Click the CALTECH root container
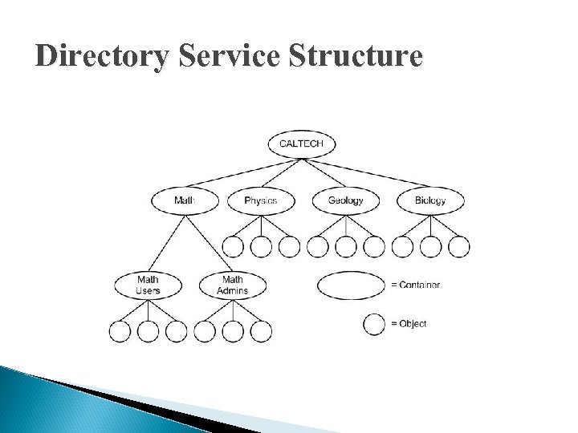[301, 144]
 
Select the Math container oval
[184, 200]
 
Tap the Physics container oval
[261, 200]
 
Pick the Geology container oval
[345, 200]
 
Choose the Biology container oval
[430, 200]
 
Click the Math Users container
[148, 285]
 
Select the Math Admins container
[233, 285]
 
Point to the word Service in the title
[222, 58]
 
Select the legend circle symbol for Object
[373, 324]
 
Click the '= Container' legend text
[416, 285]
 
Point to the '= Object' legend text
[409, 324]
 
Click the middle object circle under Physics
[261, 247]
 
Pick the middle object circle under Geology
[345, 247]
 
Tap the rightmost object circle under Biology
[458, 247]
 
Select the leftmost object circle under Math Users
[120, 330]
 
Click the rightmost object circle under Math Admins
[261, 330]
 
